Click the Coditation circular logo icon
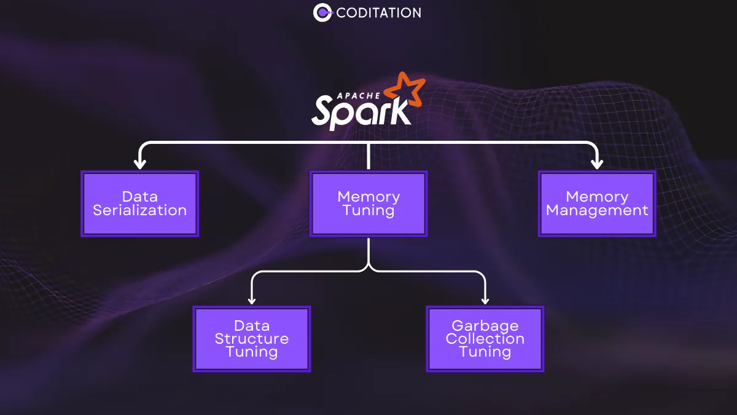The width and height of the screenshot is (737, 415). [323, 12]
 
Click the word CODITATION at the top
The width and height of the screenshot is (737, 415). [379, 12]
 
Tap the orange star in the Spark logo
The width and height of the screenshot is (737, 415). [405, 91]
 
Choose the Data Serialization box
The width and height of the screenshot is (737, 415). [140, 204]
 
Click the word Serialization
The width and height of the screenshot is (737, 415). [140, 210]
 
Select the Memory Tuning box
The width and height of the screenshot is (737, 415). [368, 204]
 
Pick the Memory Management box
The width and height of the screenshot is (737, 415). [597, 204]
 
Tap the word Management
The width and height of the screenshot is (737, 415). [597, 210]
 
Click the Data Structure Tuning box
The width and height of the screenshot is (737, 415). [252, 339]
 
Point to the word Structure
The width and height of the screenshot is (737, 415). [252, 339]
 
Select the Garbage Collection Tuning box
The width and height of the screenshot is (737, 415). [485, 339]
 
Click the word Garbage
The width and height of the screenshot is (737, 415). [485, 325]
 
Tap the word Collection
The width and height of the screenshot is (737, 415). [485, 339]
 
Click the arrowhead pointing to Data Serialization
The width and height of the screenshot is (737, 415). [140, 164]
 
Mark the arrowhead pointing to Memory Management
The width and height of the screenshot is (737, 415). [597, 164]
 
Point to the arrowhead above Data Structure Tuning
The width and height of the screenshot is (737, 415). [252, 299]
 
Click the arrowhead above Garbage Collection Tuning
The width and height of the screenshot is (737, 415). [485, 299]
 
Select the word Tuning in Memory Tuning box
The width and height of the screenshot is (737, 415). [368, 210]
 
